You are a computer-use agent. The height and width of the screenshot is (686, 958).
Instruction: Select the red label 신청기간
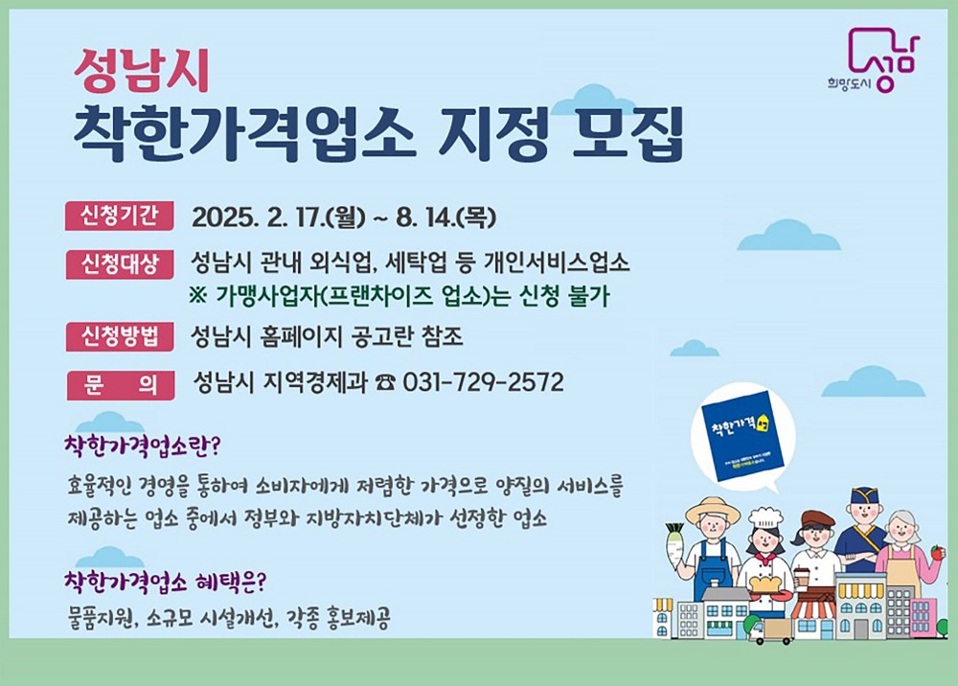(x=120, y=217)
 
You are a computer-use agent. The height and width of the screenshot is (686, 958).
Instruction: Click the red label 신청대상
(x=120, y=263)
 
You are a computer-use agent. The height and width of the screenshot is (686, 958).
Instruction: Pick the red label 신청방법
(x=120, y=336)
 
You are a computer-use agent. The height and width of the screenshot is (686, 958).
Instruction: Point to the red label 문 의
(x=120, y=383)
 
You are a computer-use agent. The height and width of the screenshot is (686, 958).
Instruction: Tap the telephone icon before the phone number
(x=386, y=383)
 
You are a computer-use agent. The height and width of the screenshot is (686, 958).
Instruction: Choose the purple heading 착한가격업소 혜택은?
(x=164, y=581)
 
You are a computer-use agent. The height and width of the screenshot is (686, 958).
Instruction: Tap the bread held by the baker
(x=765, y=583)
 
